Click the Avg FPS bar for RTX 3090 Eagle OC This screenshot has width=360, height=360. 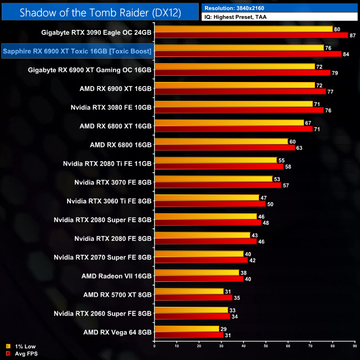click(251, 35)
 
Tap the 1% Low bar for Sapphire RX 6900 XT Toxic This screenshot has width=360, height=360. click(239, 48)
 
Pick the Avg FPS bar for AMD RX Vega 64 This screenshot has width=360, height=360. click(188, 336)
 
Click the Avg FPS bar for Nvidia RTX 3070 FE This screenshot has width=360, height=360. click(217, 186)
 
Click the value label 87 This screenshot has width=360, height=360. click(353, 35)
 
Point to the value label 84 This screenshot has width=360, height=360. click(346, 54)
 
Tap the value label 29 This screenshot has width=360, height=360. click(223, 329)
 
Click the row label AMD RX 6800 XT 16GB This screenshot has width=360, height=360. click(115, 126)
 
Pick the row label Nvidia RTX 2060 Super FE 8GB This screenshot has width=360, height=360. click(102, 313)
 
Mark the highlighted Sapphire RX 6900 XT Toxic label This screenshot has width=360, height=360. click(77, 52)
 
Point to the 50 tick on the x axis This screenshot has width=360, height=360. click(265, 348)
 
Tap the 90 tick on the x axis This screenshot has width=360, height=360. click(354, 348)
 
